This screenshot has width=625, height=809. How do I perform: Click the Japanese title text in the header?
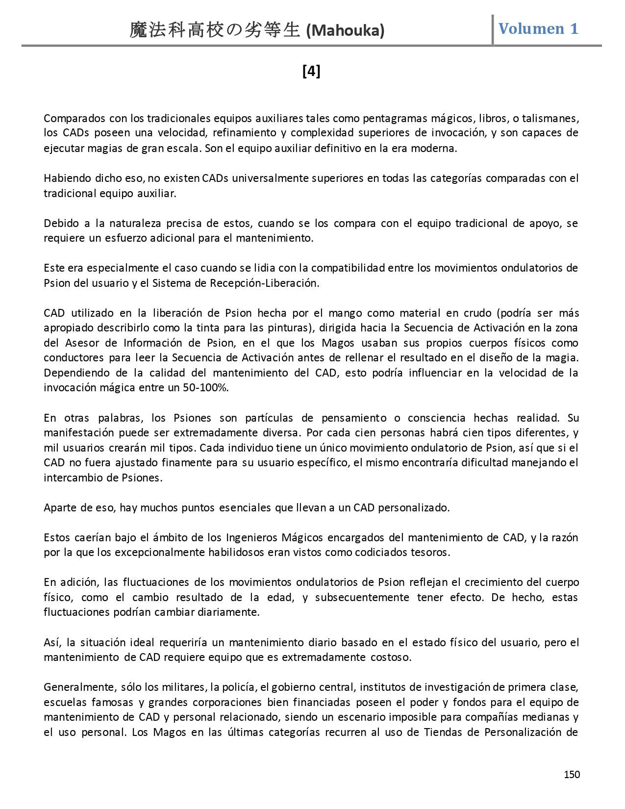[x=214, y=31]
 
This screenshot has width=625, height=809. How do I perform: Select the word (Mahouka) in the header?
[x=345, y=31]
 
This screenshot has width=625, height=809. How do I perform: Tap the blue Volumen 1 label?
[x=538, y=28]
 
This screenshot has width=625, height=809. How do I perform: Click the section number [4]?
[x=311, y=72]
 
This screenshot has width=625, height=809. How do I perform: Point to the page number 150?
[x=572, y=775]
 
